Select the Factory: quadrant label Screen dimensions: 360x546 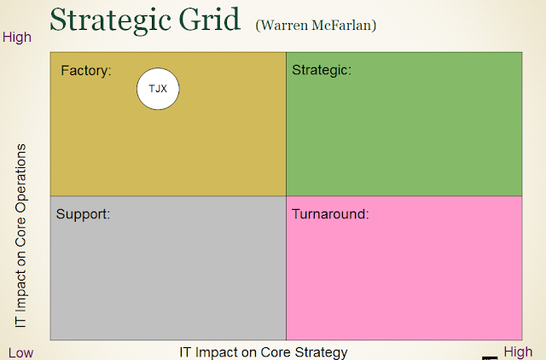coord(86,71)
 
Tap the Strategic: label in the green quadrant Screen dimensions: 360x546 coord(322,70)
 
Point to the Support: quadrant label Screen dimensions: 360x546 coord(84,213)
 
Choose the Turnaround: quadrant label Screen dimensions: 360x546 coord(330,213)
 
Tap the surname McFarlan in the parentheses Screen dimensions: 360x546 coord(346,26)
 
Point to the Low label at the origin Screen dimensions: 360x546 coord(22,352)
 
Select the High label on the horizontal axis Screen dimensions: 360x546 coord(518,351)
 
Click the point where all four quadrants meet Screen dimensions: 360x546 coord(286,196)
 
